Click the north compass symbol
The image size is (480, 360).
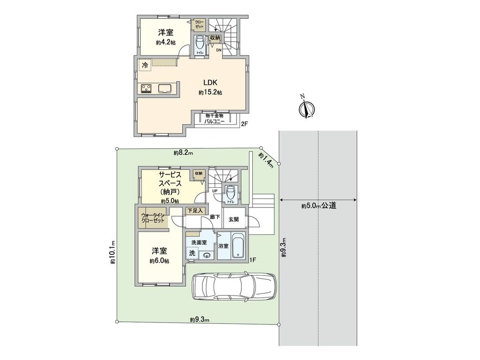click(306, 108)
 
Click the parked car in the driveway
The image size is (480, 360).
click(234, 287)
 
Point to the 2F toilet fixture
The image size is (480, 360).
click(200, 44)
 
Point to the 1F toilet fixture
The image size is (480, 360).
click(231, 194)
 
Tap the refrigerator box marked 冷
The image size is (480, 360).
click(144, 65)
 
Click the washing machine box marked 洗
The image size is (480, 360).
click(192, 253)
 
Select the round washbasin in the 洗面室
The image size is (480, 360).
click(207, 255)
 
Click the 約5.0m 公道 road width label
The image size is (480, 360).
click(319, 206)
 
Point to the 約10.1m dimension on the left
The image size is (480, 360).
click(113, 252)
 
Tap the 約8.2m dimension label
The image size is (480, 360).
click(183, 153)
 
